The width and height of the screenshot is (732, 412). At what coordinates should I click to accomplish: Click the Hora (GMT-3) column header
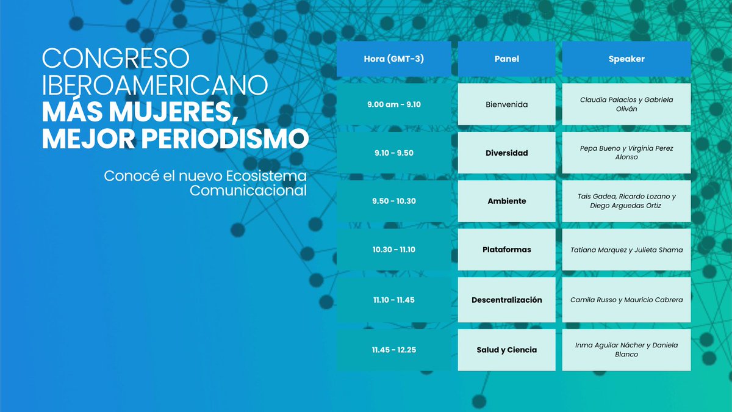click(x=393, y=59)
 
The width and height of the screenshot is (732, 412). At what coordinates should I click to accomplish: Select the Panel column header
click(x=506, y=59)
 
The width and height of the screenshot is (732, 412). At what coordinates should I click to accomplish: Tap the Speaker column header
click(x=626, y=59)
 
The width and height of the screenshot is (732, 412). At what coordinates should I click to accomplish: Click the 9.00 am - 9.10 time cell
click(x=393, y=104)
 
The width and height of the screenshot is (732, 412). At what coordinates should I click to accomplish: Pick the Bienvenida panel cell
click(x=506, y=104)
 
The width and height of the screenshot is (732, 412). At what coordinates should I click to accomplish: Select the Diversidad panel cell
click(x=506, y=153)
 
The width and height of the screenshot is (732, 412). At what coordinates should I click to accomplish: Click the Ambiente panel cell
click(x=506, y=201)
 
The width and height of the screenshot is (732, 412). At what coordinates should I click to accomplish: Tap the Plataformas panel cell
click(x=506, y=250)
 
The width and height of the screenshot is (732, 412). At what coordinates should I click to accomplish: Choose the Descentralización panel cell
click(x=506, y=300)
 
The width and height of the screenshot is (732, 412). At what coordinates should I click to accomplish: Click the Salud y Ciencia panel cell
click(x=506, y=350)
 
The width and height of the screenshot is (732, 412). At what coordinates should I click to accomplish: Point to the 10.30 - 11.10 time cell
click(x=393, y=250)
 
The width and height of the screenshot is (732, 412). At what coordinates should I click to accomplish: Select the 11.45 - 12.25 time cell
click(x=393, y=350)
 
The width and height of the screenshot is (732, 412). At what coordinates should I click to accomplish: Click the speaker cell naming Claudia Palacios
click(x=626, y=104)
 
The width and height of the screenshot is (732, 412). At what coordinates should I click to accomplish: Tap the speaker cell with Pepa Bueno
click(x=626, y=153)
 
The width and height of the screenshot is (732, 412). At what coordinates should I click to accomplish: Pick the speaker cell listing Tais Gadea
click(x=626, y=201)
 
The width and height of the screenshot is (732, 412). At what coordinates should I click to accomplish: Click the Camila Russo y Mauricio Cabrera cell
click(x=626, y=300)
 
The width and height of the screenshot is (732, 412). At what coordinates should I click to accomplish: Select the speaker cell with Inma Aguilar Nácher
click(x=626, y=350)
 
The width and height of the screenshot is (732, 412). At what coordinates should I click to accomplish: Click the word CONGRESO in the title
click(x=115, y=59)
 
